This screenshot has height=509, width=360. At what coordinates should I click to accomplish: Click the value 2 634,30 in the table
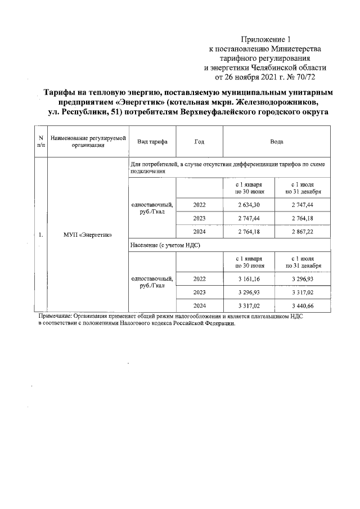tap(248, 204)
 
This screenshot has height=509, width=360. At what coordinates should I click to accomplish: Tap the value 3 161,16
tap(248, 278)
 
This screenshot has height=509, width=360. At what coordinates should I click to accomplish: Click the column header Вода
tap(277, 142)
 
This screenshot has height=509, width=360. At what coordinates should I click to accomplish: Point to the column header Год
tap(199, 142)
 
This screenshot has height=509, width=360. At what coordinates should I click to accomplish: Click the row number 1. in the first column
tap(41, 235)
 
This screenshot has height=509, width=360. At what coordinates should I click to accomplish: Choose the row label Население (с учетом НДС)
tap(165, 246)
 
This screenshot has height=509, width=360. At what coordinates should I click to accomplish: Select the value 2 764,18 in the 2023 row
tap(304, 218)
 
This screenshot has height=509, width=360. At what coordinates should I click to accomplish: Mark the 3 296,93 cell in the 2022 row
tap(304, 278)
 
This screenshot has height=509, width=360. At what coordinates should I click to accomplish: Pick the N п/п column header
tap(41, 142)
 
